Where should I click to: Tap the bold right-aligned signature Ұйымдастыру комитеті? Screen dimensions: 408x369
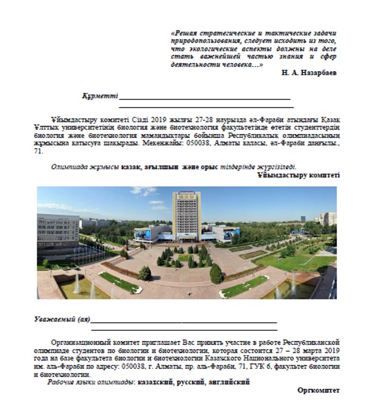[298, 174]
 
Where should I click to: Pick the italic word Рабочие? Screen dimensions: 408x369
[61, 382]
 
